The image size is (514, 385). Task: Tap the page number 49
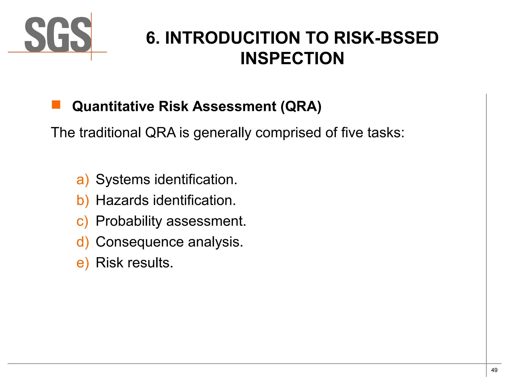pos(494,370)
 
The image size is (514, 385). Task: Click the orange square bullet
pos(56,105)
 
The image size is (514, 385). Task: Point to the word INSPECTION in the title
pos(292,58)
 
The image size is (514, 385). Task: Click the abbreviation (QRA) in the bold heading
pos(301,106)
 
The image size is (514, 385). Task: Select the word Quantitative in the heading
pos(113,106)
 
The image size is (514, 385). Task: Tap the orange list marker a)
pos(83,180)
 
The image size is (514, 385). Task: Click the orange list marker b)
pos(83,201)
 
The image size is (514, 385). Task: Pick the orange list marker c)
pos(82,221)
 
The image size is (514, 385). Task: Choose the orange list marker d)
pos(83,242)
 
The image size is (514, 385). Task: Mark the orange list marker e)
pos(83,263)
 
